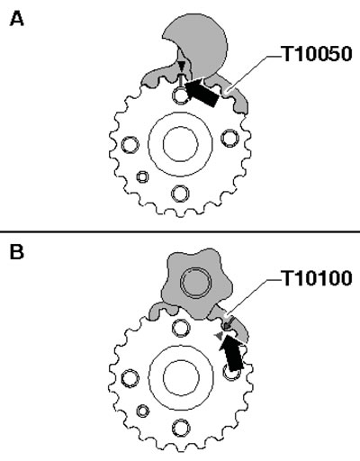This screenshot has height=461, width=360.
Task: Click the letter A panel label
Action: coord(17,20)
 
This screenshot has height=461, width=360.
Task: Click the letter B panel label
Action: coord(16,252)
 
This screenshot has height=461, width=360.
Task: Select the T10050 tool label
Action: coord(317,54)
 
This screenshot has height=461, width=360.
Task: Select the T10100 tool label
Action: coord(317,278)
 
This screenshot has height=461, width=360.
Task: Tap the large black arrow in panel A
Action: coord(202,92)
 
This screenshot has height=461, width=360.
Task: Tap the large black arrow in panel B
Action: coord(230,352)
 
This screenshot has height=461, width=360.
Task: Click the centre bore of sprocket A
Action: coord(181,143)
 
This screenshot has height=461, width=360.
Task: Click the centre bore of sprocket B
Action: coord(181,378)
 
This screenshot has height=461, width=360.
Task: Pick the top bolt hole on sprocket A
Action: coord(181,95)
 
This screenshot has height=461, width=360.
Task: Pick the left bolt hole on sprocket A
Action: coord(130,144)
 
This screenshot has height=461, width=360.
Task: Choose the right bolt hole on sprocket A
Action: coord(230,139)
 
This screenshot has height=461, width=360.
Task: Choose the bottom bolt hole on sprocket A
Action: coord(181,193)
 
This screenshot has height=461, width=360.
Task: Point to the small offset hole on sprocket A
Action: coord(142,176)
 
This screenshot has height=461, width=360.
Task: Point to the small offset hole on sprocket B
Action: coord(142,411)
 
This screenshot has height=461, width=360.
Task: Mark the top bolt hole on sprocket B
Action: coord(181,328)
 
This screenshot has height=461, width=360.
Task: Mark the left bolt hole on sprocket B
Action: coord(130,378)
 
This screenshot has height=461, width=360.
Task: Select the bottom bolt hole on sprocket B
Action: coord(181,428)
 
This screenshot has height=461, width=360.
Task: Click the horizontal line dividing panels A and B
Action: coord(180,231)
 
